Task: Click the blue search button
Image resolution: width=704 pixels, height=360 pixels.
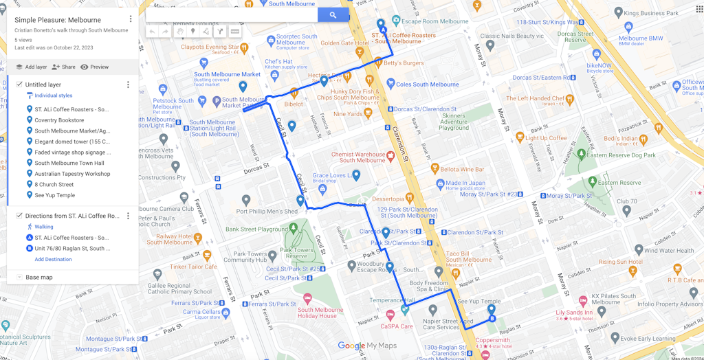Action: click(333, 14)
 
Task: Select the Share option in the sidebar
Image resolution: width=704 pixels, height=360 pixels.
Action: click(63, 67)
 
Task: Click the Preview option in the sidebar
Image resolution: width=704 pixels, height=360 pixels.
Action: click(95, 67)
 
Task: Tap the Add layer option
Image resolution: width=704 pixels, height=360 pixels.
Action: click(31, 67)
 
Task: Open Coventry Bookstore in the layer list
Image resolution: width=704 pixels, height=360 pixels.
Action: click(59, 120)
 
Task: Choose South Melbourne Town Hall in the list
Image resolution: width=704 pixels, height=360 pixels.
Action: click(69, 163)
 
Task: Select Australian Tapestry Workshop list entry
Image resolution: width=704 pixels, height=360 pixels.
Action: click(72, 174)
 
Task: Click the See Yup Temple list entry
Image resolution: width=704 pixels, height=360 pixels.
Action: click(54, 195)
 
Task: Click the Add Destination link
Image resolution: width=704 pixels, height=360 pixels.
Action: click(53, 260)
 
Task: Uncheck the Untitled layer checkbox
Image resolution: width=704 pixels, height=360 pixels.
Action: click(19, 85)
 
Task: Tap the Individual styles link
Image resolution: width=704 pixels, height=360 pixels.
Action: click(53, 95)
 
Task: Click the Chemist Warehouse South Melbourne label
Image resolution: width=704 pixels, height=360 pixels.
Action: click(357, 157)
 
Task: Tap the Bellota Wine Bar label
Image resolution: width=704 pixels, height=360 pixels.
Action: click(462, 169)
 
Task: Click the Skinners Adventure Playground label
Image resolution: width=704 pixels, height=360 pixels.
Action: click(454, 122)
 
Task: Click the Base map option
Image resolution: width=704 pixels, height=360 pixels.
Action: click(38, 278)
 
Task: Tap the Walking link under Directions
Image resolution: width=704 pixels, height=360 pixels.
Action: click(44, 227)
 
